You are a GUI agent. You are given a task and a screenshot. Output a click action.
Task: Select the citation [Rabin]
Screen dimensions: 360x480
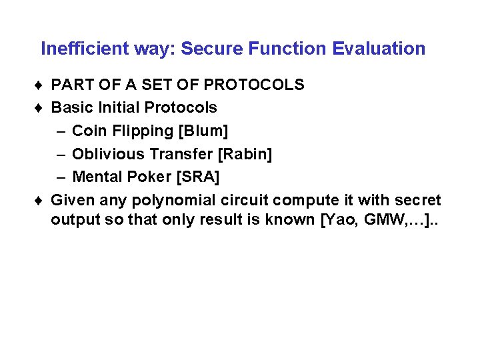244,154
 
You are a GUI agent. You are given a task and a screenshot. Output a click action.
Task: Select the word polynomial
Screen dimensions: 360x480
174,200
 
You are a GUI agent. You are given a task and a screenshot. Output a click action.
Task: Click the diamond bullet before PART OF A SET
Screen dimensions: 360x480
41,85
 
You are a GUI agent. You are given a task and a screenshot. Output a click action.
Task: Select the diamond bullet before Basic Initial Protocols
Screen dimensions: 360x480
41,108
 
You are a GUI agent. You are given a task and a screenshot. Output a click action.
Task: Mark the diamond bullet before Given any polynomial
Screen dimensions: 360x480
41,200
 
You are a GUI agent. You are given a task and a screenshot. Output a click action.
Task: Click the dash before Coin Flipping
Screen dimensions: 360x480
61,131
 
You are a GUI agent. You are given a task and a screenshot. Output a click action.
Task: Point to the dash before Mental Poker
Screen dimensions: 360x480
61,177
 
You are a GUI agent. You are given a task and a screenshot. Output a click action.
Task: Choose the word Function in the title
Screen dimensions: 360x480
292,49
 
